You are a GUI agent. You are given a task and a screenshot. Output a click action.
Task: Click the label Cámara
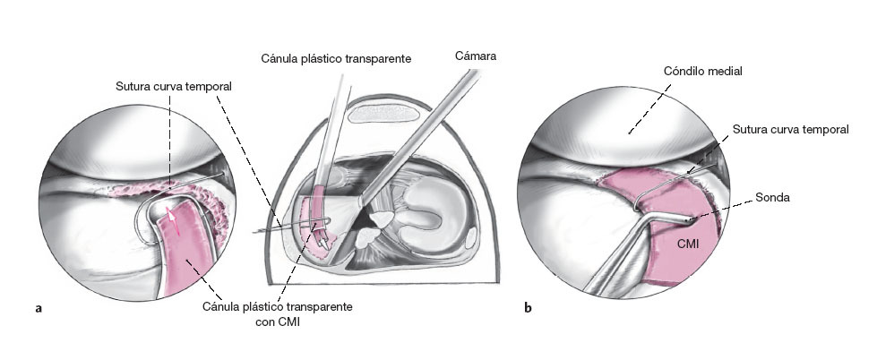(475, 56)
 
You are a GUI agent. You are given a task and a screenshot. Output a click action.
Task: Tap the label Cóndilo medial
(703, 70)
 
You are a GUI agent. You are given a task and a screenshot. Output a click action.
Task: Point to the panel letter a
(38, 309)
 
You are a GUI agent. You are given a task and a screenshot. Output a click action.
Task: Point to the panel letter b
(528, 309)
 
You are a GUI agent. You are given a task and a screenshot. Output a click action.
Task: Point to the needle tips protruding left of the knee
(261, 231)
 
